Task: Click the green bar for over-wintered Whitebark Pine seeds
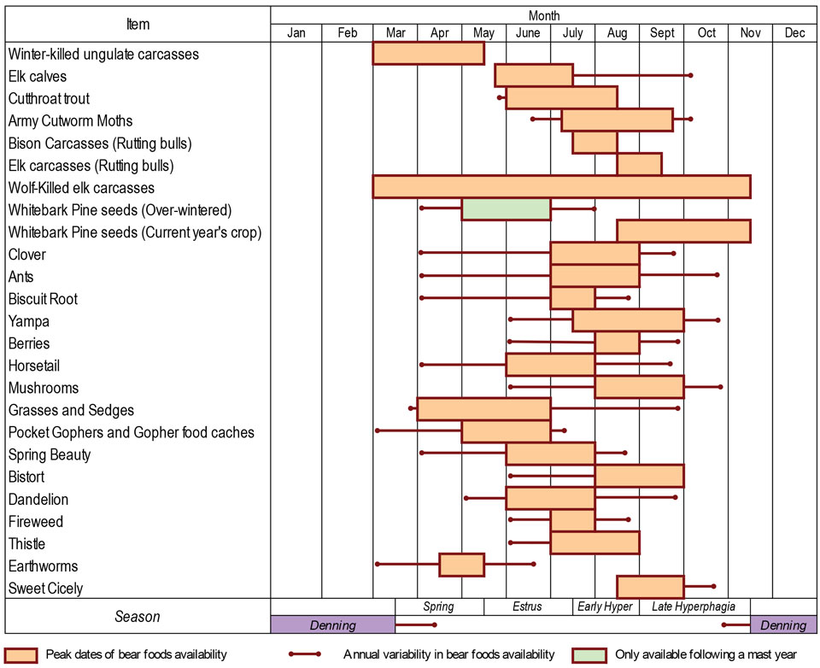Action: point(506,209)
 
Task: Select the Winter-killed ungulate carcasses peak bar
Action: point(428,53)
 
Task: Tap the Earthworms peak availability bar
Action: point(461,565)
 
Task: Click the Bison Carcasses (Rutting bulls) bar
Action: point(594,142)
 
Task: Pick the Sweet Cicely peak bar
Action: point(650,587)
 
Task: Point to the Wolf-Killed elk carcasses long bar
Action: point(561,186)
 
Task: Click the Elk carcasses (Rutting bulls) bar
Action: point(639,164)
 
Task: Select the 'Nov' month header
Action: point(750,33)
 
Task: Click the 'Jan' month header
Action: point(296,33)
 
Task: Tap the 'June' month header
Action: point(528,33)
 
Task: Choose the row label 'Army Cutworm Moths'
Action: point(70,120)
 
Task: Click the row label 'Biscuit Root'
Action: point(43,299)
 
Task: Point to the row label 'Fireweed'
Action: point(36,521)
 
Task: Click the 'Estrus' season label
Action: point(528,607)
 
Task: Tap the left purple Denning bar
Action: point(332,625)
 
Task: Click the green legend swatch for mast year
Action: point(589,655)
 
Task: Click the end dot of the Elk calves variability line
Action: point(690,75)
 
